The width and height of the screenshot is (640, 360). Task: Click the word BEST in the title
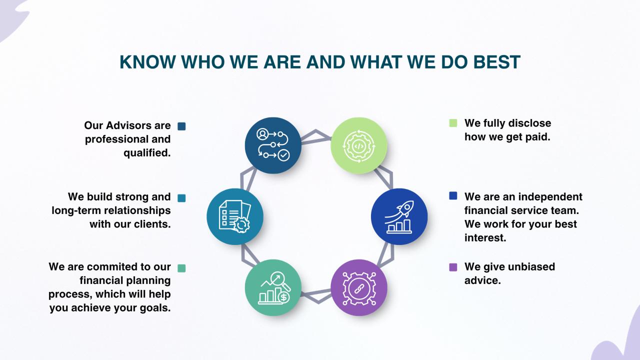pyautogui.click(x=497, y=62)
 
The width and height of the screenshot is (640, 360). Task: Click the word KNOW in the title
pyautogui.click(x=147, y=62)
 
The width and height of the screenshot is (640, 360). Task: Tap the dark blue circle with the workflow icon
pyautogui.click(x=273, y=145)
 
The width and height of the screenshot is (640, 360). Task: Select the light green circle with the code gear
pyautogui.click(x=359, y=145)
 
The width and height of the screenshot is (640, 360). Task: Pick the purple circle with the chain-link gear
pyautogui.click(x=359, y=287)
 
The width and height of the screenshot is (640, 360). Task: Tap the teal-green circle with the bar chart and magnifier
pyautogui.click(x=273, y=287)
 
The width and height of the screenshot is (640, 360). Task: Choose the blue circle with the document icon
pyautogui.click(x=235, y=216)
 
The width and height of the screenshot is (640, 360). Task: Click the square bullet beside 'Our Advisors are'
pyautogui.click(x=181, y=126)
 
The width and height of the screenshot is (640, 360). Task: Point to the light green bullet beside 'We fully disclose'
pyautogui.click(x=453, y=123)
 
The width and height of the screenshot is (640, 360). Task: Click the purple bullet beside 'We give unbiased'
pyautogui.click(x=453, y=267)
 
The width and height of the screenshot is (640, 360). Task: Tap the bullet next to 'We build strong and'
pyautogui.click(x=181, y=198)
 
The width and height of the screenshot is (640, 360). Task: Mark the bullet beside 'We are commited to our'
pyautogui.click(x=181, y=268)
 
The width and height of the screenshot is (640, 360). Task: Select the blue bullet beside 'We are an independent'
pyautogui.click(x=453, y=195)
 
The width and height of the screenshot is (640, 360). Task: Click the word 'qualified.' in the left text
pyautogui.click(x=147, y=153)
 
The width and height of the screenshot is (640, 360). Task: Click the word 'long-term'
pyautogui.click(x=75, y=210)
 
